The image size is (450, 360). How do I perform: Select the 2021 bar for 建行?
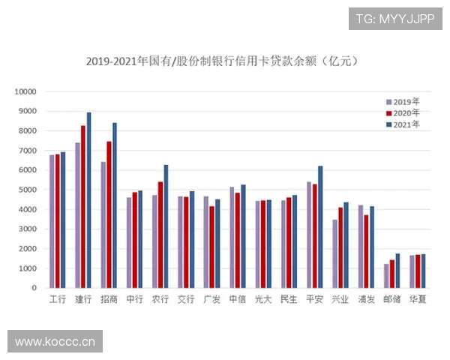coord(88,200)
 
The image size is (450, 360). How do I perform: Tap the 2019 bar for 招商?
coord(103,225)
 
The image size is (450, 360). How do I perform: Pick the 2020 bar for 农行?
coord(160,235)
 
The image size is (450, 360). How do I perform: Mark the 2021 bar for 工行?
coord(63,220)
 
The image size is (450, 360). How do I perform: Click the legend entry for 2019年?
coord(403,100)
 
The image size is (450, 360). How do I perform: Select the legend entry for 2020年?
coord(403,112)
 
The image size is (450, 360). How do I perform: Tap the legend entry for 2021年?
coord(403,124)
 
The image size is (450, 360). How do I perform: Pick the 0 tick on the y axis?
coord(34,288)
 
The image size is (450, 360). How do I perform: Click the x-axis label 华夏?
coord(418,300)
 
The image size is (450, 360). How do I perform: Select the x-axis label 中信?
coord(237,300)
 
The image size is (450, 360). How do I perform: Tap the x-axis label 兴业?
coord(340,300)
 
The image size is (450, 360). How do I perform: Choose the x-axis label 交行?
coord(186,300)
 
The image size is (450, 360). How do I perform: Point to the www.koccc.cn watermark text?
coord(55,342)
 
